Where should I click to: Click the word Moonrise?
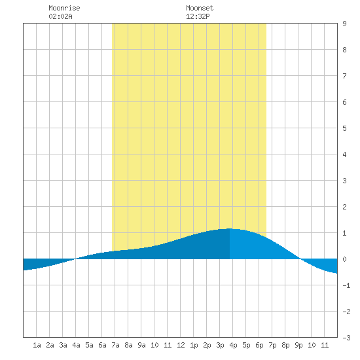tap(64, 8)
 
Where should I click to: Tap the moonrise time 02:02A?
tap(60, 16)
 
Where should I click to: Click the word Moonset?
tap(200, 8)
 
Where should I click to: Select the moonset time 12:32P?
tap(198, 16)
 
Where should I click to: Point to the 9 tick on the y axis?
tap(344, 24)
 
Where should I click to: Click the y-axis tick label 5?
tap(344, 128)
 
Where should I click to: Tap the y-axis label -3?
tap(346, 338)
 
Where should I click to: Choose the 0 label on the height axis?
tap(344, 259)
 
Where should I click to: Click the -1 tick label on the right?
tap(346, 285)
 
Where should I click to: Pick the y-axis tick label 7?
tap(344, 76)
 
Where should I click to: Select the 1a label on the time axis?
tap(37, 345)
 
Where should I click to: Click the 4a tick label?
tap(76, 345)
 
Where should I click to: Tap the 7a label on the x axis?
tap(115, 345)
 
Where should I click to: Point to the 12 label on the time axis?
tap(181, 345)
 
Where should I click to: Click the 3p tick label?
tap(220, 345)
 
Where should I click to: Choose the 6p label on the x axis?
tap(259, 345)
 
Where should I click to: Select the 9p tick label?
tap(298, 345)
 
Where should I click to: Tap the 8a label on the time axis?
tap(128, 345)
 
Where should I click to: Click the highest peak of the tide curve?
tap(230, 228)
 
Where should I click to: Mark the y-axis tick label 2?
tap(344, 207)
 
